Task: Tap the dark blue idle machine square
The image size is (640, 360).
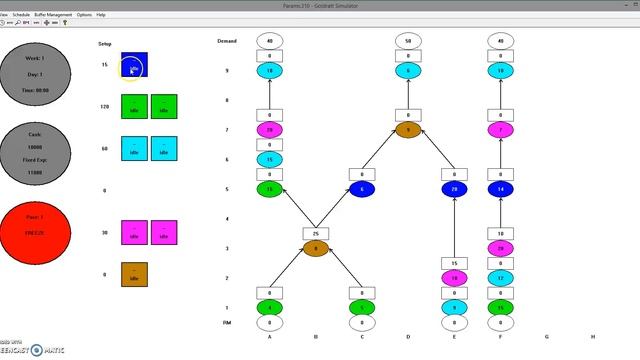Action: pos(134,66)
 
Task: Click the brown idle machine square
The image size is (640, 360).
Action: pos(134,273)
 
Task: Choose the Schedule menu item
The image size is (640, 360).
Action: pos(20,15)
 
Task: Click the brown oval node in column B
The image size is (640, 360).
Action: pos(316,248)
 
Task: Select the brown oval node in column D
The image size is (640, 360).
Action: pos(407,130)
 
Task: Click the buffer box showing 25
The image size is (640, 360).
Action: pos(316,233)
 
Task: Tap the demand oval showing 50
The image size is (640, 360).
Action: pos(407,41)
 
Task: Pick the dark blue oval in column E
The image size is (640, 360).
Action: pos(454,189)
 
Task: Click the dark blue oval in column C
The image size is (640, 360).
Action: pos(362,189)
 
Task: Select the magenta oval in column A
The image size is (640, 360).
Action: pos(270,130)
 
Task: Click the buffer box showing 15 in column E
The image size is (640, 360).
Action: pos(454,263)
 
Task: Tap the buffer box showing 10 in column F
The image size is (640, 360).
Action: pos(500,233)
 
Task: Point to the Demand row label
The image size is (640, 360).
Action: pos(227,41)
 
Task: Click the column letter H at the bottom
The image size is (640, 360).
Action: pos(592,337)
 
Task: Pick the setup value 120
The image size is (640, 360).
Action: pos(104,106)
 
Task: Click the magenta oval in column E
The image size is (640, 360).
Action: pos(454,278)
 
